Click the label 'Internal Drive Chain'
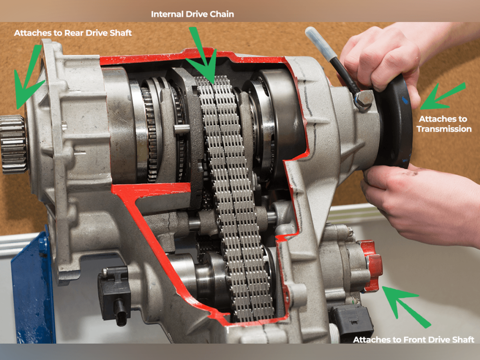pyautogui.click(x=192, y=15)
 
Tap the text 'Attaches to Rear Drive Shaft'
pyautogui.click(x=73, y=33)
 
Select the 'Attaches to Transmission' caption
pyautogui.click(x=445, y=124)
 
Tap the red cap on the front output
pyautogui.click(x=372, y=266)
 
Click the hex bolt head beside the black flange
pyautogui.click(x=363, y=99)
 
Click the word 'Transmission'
pyautogui.click(x=445, y=128)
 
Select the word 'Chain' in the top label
pyautogui.click(x=222, y=15)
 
